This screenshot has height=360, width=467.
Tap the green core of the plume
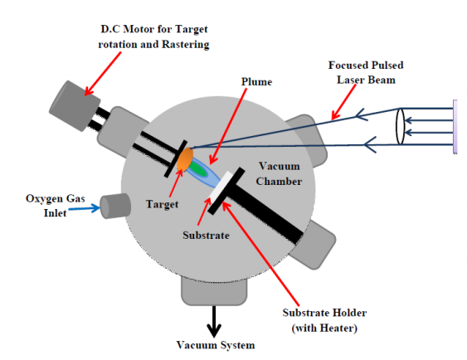198,168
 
